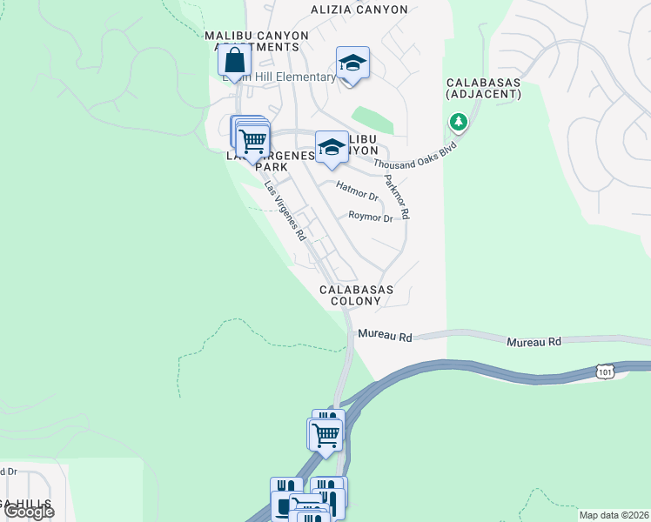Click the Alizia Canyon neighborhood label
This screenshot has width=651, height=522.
(x=359, y=10)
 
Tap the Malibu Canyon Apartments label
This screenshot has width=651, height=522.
(x=256, y=41)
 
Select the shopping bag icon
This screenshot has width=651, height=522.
(x=234, y=61)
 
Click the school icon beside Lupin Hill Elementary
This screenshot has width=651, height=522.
(x=352, y=64)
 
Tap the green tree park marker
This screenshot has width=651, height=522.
(x=458, y=123)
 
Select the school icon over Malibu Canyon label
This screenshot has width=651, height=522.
(x=332, y=149)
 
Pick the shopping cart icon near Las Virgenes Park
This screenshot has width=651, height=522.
(x=252, y=139)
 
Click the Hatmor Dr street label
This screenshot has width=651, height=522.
(x=357, y=191)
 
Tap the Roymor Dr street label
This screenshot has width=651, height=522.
(x=370, y=217)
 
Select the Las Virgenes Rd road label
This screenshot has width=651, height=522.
(x=285, y=211)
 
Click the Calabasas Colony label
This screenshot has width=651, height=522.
(x=356, y=295)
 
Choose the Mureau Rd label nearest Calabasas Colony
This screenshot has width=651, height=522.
(x=385, y=336)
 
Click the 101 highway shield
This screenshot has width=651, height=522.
(x=606, y=371)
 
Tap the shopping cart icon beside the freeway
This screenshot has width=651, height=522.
(x=326, y=433)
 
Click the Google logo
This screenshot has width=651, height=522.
(x=29, y=512)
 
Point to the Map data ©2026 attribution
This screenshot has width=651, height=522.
(x=614, y=515)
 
